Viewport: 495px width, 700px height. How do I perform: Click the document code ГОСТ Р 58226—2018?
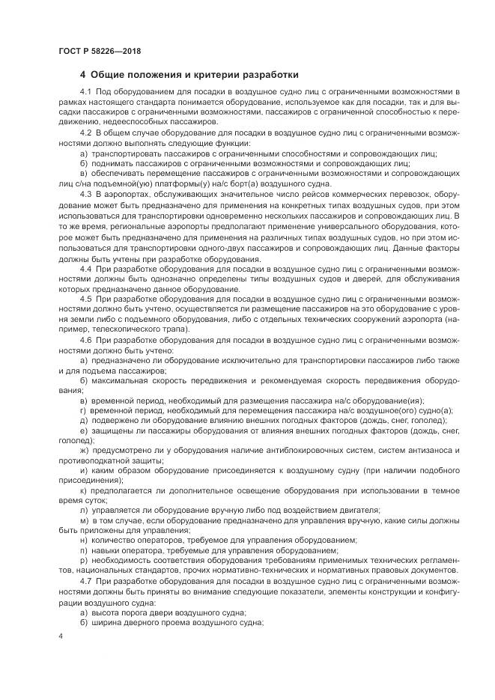pos(99,51)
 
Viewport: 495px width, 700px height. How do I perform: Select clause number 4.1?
pos(85,91)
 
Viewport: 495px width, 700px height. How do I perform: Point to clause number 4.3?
pos(85,195)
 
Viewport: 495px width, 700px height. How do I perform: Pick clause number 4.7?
pos(85,580)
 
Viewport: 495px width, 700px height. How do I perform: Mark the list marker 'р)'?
pos(83,559)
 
